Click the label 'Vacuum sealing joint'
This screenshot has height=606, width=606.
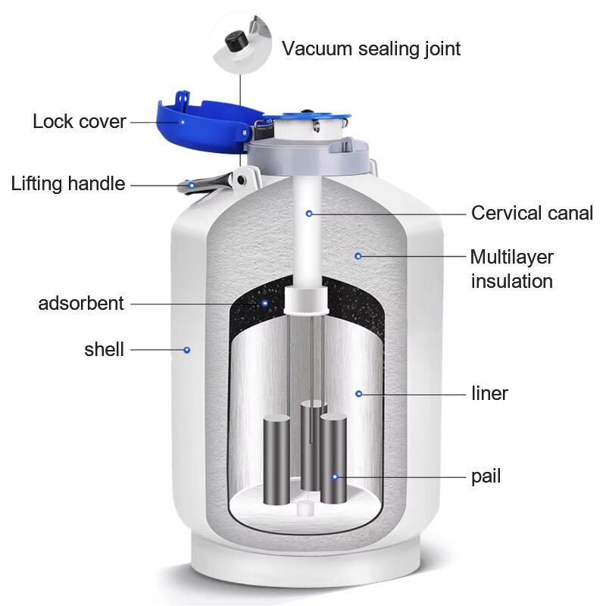[x=370, y=48]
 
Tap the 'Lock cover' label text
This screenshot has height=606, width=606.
[x=79, y=121]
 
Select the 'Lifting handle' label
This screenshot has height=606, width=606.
[x=67, y=183]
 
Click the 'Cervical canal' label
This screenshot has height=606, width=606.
[x=532, y=213]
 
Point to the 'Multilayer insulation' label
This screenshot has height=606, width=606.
[x=511, y=269]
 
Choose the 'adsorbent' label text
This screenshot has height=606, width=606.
[x=80, y=304]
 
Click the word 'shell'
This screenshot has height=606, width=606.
[x=104, y=349]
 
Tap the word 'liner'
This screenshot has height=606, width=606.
[x=489, y=393]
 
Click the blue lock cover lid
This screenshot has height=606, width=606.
[x=201, y=121]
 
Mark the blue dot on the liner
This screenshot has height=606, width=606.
[x=359, y=393]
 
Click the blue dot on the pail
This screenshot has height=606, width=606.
[x=333, y=476]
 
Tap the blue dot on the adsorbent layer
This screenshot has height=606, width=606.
[x=264, y=304]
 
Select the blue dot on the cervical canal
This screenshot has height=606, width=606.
[x=309, y=214]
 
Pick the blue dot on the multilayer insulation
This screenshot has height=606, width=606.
[x=358, y=256]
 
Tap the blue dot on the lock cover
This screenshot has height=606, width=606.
[x=183, y=120]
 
